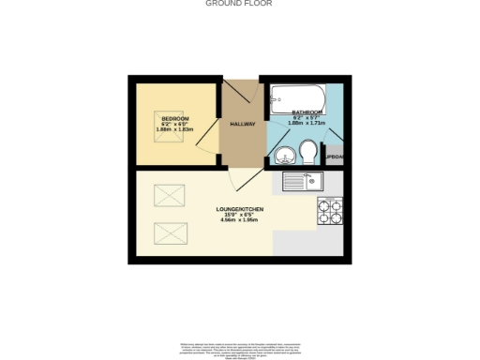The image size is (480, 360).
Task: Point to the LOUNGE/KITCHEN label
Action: (239, 208)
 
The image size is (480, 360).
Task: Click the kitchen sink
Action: (303, 181)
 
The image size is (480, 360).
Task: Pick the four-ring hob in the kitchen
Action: (331, 211)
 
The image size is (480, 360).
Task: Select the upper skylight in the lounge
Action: (169, 196)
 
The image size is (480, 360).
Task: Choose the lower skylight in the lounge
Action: (169, 228)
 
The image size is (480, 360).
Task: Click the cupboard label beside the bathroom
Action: (335, 156)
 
